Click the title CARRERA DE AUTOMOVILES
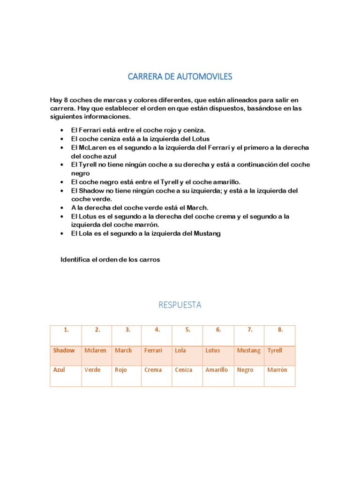tap(180, 76)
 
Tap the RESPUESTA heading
tap(180, 305)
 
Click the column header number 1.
tap(66, 330)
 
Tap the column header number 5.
tap(187, 330)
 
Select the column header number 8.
tap(280, 330)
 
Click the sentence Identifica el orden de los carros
tap(110, 260)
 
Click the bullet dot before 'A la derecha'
tap(62, 208)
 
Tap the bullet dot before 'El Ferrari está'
tap(62, 130)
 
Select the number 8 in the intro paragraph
tap(64, 100)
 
